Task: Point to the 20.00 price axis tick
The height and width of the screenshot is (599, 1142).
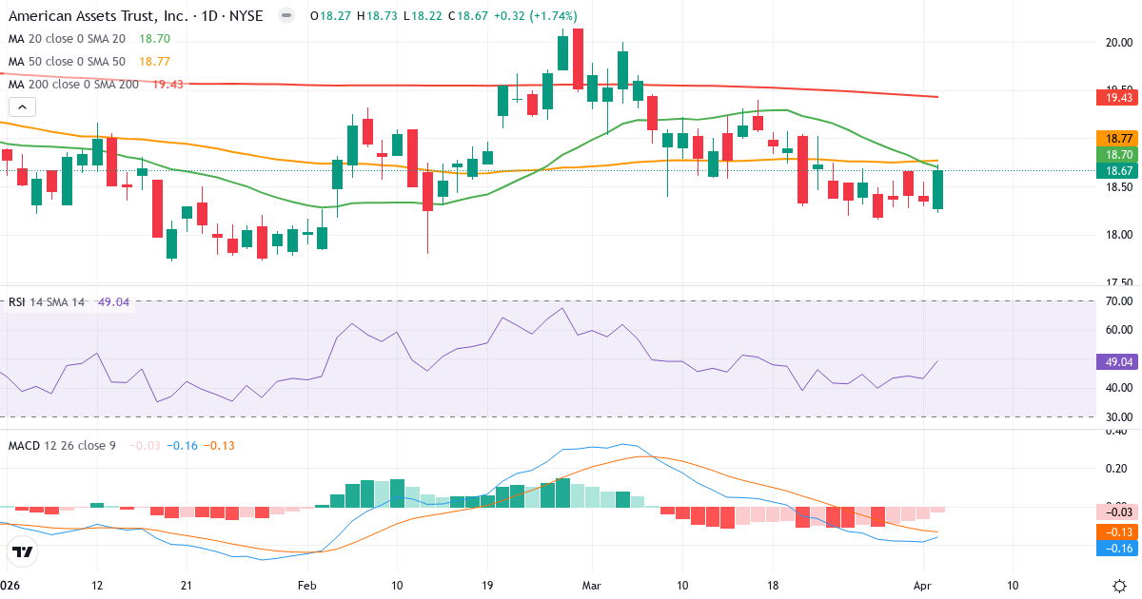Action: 1118,42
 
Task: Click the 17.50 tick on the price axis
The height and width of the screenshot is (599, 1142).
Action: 1118,283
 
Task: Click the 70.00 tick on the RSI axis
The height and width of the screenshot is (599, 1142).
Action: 1118,301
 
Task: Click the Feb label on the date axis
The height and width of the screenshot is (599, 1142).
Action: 306,585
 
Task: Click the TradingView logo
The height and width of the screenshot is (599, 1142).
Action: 23,551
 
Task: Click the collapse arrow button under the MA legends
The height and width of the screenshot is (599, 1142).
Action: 23,107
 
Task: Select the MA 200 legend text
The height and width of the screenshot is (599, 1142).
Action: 74,85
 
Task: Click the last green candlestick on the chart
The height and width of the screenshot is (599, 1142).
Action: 938,189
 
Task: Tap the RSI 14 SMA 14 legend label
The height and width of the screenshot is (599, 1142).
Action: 47,302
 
